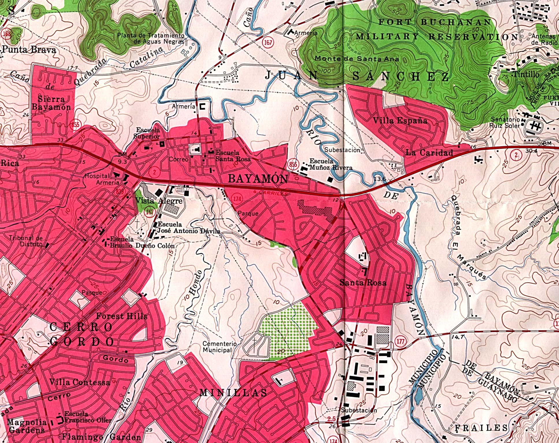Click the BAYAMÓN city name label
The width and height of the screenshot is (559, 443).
point(258,179)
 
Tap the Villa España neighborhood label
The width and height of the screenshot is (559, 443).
point(400,120)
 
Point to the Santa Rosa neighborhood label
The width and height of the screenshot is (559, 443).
point(363,282)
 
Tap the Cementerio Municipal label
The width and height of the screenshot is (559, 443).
point(220,347)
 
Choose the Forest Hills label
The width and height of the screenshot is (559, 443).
point(122,316)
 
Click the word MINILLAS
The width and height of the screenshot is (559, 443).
point(233,392)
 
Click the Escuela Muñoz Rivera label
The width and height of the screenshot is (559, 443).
point(331,164)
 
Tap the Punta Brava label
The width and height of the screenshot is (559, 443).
point(29,50)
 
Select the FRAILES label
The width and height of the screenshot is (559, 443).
point(481,428)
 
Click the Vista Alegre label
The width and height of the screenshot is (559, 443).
point(159,201)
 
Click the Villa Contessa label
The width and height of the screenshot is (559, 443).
point(79,382)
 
